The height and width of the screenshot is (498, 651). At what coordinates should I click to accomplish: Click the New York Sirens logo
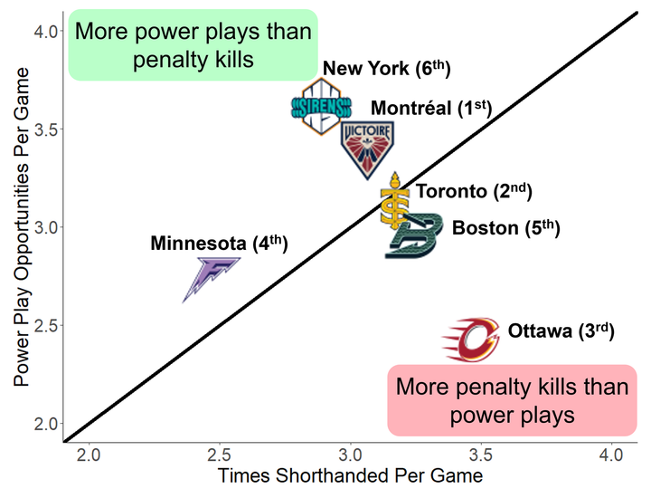pos(316,107)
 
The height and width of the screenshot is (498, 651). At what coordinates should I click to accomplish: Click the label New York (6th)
pos(386,69)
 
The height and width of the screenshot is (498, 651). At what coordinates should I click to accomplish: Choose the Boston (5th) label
pos(505,228)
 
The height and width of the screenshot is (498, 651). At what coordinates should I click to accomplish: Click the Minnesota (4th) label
pos(219,244)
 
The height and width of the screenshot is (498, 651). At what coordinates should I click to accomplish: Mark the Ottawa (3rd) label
pos(561,331)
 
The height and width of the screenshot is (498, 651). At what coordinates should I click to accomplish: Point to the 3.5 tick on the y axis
pos(48,129)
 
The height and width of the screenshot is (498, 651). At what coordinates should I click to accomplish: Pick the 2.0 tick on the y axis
pos(48,423)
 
